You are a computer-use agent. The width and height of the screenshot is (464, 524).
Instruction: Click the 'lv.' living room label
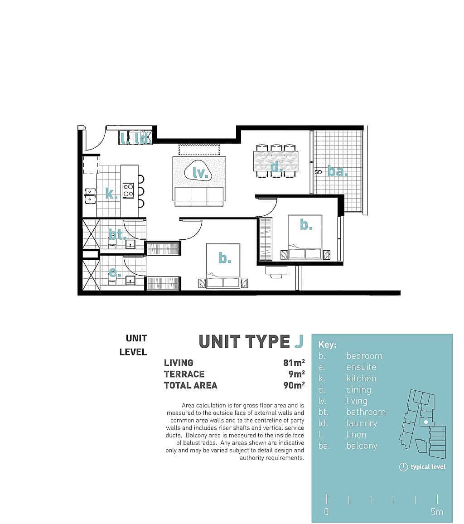click(x=200, y=173)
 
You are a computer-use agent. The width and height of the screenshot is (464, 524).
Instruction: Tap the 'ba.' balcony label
click(x=338, y=171)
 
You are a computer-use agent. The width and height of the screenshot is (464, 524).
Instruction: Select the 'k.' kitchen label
click(x=111, y=193)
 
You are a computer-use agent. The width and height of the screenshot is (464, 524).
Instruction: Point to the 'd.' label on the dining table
click(x=277, y=166)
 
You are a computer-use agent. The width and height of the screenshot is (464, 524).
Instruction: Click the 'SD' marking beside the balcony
click(x=318, y=172)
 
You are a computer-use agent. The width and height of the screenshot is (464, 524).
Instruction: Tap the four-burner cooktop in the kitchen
click(x=129, y=190)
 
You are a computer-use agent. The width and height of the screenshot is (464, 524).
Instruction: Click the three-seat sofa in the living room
click(x=199, y=196)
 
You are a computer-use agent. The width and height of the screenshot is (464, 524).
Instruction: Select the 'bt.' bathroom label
click(x=117, y=235)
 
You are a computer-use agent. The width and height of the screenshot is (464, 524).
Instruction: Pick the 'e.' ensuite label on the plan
click(x=115, y=273)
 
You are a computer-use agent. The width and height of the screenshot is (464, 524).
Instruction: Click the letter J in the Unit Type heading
click(x=299, y=341)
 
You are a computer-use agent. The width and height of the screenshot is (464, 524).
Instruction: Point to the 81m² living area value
click(x=294, y=363)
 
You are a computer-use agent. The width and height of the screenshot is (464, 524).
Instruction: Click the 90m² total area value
click(x=294, y=385)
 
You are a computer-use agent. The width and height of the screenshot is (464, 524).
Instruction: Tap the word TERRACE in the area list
click(x=184, y=374)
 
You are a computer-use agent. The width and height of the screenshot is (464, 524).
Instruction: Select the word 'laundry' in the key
click(x=362, y=424)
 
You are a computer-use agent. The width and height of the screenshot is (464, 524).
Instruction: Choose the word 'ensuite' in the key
click(x=361, y=367)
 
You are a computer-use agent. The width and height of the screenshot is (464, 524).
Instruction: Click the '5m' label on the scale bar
click(x=437, y=512)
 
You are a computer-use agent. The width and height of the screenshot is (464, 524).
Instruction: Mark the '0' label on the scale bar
click(x=326, y=512)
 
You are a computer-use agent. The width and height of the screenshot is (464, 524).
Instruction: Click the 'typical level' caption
click(x=428, y=467)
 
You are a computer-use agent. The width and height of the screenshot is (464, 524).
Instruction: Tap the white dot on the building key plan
click(x=426, y=422)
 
